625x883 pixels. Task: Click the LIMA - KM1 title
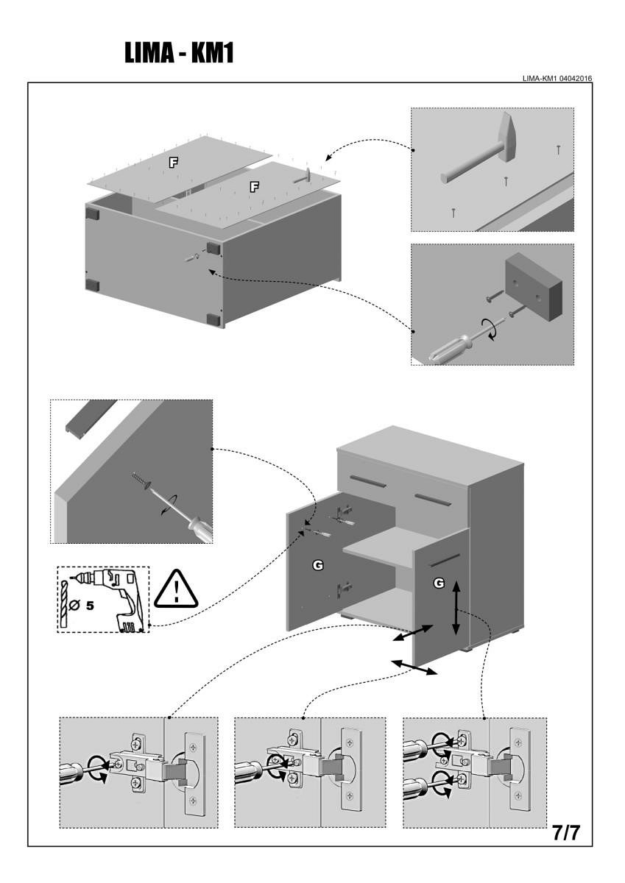(179, 53)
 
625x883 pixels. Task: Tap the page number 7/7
(566, 834)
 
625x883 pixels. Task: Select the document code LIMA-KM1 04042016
(557, 78)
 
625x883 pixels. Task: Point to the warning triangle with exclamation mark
(177, 589)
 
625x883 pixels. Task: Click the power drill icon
(110, 597)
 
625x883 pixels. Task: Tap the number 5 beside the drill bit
(90, 607)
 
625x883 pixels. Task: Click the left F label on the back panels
(174, 162)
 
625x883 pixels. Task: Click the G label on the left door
(318, 564)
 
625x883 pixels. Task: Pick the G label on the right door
(439, 583)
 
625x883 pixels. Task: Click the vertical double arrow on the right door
(456, 607)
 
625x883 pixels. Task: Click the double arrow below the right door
(414, 667)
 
